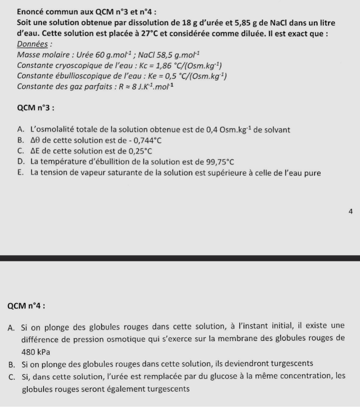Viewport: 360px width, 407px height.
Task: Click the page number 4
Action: [x=350, y=211]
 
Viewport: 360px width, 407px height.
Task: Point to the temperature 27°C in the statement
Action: [x=150, y=32]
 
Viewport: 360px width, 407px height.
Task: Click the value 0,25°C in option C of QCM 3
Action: [x=141, y=151]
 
